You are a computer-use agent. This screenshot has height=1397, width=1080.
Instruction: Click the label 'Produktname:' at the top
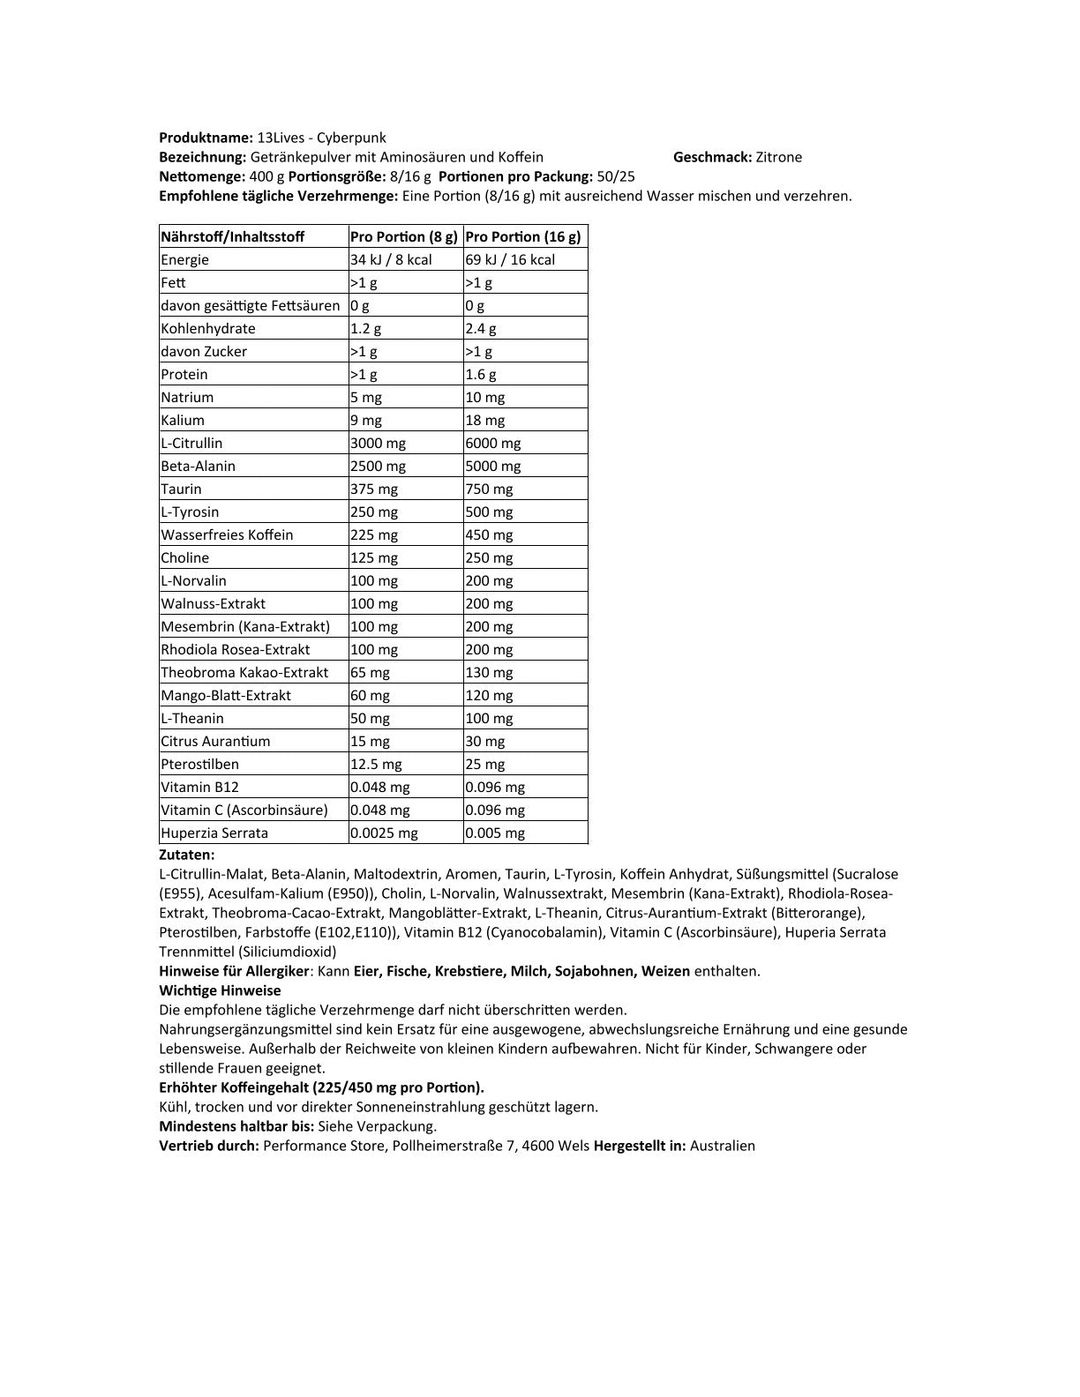click(x=206, y=138)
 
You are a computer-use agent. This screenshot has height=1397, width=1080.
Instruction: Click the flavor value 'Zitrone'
click(x=779, y=157)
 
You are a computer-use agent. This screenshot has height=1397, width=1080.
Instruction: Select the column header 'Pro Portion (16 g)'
click(x=523, y=236)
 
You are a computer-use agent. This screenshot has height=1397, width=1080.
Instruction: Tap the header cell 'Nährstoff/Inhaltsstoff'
click(x=232, y=236)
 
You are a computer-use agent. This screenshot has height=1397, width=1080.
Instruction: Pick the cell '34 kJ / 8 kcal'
click(x=391, y=259)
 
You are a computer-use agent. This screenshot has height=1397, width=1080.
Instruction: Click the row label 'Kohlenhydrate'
click(x=208, y=328)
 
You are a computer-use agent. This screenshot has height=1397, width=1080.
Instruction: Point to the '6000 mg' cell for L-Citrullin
click(x=493, y=443)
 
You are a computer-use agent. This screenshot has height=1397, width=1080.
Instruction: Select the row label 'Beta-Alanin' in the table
click(x=199, y=466)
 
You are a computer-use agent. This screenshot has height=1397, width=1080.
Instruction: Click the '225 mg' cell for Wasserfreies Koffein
click(x=374, y=534)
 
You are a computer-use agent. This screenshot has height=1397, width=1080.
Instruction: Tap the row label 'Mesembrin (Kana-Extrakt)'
click(x=245, y=626)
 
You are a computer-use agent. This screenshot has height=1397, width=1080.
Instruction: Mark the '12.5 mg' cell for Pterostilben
click(x=376, y=764)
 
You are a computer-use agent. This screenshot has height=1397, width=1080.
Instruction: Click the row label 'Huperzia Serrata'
click(x=214, y=833)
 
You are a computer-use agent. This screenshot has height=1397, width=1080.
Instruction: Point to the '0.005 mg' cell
click(x=495, y=833)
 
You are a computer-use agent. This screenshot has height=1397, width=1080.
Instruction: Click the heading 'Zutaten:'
click(x=187, y=855)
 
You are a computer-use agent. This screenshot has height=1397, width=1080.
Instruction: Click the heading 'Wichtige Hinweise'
click(x=220, y=990)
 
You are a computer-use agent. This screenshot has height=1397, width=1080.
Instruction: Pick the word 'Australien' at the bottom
click(x=723, y=1146)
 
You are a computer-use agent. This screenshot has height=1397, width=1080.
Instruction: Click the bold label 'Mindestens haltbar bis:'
click(x=236, y=1126)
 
